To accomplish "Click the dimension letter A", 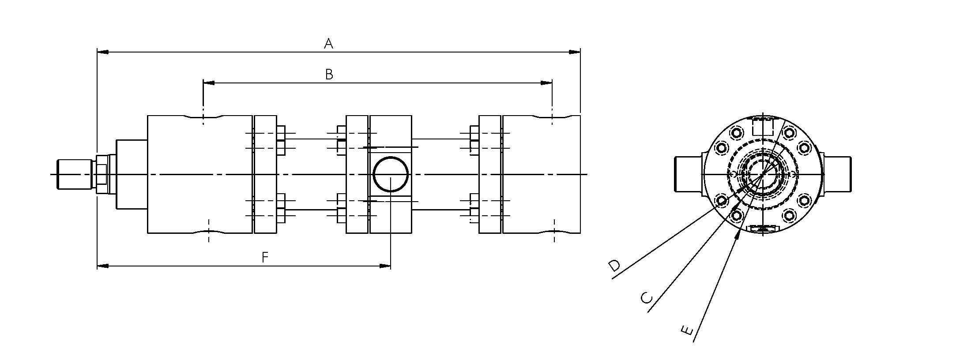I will [x=328, y=44].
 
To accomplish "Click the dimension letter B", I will [x=329, y=75].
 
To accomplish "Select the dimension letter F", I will [x=265, y=257].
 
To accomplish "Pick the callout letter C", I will [x=646, y=298].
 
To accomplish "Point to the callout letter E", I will [x=687, y=330].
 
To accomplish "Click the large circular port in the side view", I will [x=391, y=174].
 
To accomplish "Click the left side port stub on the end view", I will [x=688, y=174].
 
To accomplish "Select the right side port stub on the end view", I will [x=837, y=174].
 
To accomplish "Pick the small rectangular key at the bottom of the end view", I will [x=764, y=229].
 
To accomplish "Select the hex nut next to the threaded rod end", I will [x=101, y=174].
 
